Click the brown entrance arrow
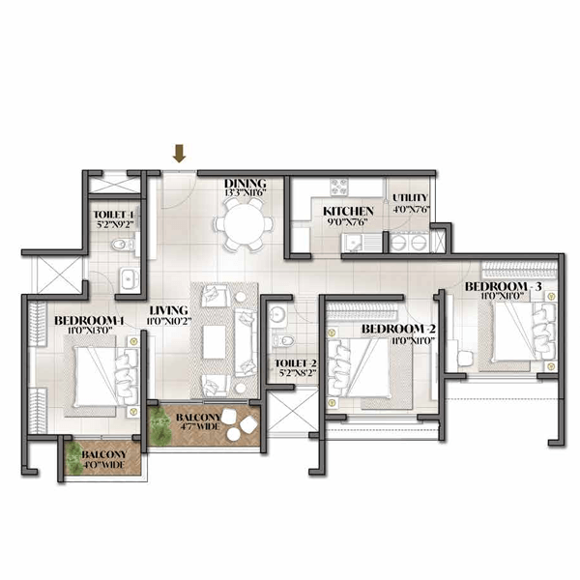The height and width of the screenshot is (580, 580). click(179, 153)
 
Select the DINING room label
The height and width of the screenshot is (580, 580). click(245, 183)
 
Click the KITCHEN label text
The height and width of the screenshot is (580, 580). click(342, 211)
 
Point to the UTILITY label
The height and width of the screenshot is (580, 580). click(410, 197)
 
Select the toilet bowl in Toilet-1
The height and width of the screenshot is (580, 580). click(118, 246)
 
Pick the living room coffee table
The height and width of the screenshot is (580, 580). click(214, 341)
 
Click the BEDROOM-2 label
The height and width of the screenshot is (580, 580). click(398, 330)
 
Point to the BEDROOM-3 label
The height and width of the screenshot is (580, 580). click(503, 287)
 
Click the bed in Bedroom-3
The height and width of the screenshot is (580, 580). click(520, 333)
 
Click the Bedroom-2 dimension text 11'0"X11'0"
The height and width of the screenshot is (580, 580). click(398, 341)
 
